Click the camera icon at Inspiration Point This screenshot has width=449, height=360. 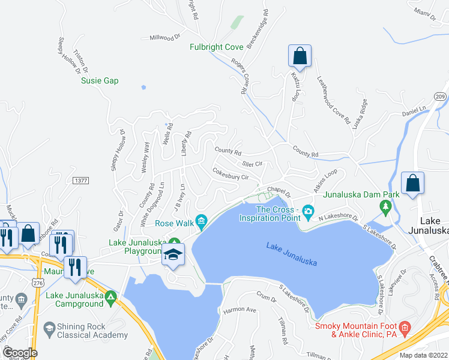coord(309,210)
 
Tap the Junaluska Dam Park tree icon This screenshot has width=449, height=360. coord(385,208)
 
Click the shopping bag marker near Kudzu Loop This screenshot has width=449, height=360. coord(300,57)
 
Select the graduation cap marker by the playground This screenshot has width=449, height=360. coord(173,255)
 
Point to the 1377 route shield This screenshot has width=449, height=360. coord(80,180)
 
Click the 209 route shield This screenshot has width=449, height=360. coord(439,97)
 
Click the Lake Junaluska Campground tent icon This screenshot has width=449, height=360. coord(110,297)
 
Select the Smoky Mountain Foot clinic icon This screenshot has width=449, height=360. coord(405,327)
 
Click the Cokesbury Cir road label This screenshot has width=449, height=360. coord(231,173)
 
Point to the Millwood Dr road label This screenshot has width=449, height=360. coord(165,37)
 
